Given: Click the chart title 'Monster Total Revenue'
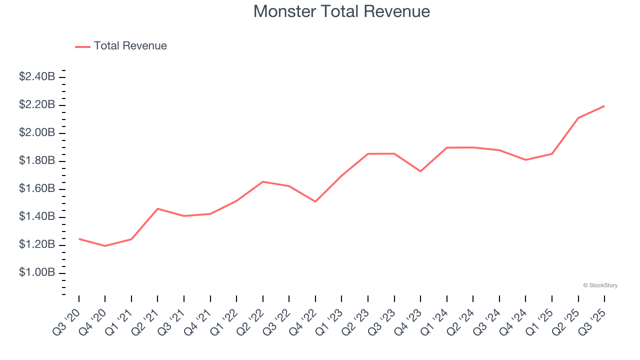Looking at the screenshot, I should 341,11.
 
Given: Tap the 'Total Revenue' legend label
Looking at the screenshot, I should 130,46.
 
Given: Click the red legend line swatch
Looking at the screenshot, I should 82,46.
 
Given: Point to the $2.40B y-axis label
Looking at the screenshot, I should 37,77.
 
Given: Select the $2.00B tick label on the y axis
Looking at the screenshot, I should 37,133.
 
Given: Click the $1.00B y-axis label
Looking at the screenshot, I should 37,273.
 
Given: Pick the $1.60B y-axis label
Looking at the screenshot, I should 37,189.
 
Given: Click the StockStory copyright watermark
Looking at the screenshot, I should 600,285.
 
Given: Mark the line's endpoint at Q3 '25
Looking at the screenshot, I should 604,106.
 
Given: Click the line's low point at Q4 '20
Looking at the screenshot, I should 105,246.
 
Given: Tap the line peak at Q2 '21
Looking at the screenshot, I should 157,208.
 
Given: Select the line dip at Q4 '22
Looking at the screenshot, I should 315,201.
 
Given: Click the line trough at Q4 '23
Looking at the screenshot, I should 420,171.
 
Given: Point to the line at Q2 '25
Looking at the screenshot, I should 578,118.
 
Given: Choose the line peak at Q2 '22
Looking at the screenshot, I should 263,181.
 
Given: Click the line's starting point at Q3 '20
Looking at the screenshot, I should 79,239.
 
